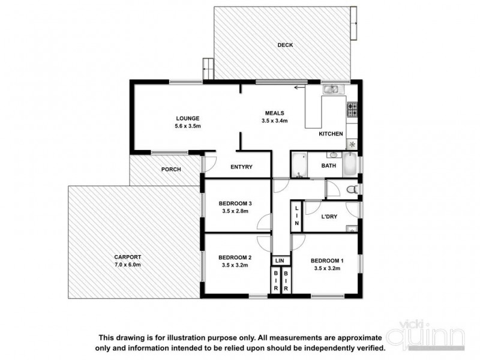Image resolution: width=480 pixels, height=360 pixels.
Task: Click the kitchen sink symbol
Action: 331,89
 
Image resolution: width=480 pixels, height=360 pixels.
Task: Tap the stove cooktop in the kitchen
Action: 352,109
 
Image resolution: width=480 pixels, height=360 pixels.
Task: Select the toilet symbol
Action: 354,190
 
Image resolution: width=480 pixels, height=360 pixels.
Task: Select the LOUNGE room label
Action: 187,118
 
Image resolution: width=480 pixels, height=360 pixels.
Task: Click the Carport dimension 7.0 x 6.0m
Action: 127,265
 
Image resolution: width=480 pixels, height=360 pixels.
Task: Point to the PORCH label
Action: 171,169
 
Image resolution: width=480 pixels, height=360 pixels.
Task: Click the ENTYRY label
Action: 241,167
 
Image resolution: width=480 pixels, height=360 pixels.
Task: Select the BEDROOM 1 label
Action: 326,260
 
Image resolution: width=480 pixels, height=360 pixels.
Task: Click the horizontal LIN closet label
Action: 279,261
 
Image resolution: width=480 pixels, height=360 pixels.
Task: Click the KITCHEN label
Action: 331,134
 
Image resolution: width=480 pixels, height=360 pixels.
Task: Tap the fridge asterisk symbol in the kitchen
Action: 352,144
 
